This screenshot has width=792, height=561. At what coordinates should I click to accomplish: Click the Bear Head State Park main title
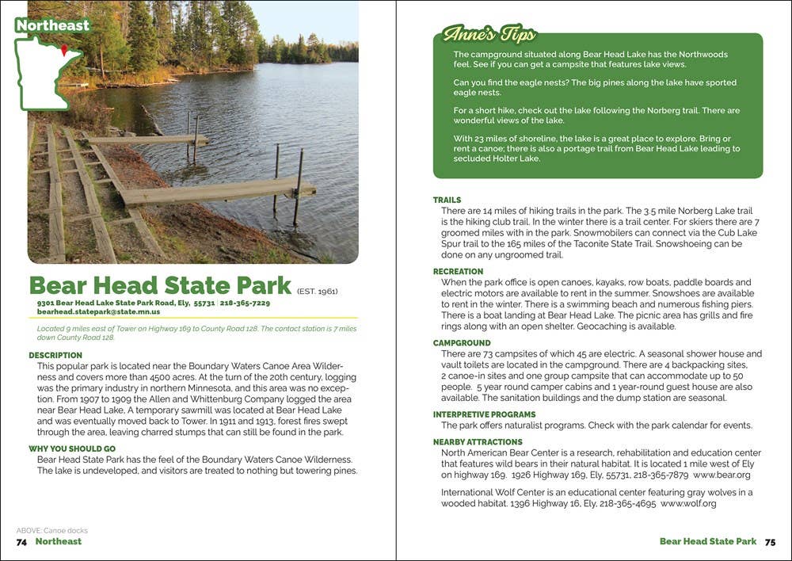pyautogui.click(x=160, y=286)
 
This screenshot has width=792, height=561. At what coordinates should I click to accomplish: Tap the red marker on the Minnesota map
pyautogui.click(x=64, y=51)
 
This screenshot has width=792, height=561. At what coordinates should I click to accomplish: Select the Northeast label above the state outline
pyautogui.click(x=52, y=25)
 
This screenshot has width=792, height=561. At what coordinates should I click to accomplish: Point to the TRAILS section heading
pyautogui.click(x=447, y=200)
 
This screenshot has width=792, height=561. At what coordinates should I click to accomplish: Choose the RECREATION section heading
pyautogui.click(x=458, y=272)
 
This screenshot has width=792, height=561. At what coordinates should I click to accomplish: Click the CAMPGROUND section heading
pyautogui.click(x=461, y=343)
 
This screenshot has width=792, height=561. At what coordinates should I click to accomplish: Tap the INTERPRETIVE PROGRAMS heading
pyautogui.click(x=484, y=414)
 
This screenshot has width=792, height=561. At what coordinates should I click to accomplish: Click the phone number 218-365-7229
pyautogui.click(x=245, y=303)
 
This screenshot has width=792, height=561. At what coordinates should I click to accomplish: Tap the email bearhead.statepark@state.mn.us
pyautogui.click(x=97, y=312)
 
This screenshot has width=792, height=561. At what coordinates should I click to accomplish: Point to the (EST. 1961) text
pyautogui.click(x=318, y=292)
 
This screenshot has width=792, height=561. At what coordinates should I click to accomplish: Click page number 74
pyautogui.click(x=22, y=542)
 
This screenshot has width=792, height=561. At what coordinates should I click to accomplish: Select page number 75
pyautogui.click(x=770, y=542)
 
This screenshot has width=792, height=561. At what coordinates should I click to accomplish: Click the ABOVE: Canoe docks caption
pyautogui.click(x=51, y=531)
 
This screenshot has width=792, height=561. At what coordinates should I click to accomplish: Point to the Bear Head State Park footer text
pyautogui.click(x=708, y=542)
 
